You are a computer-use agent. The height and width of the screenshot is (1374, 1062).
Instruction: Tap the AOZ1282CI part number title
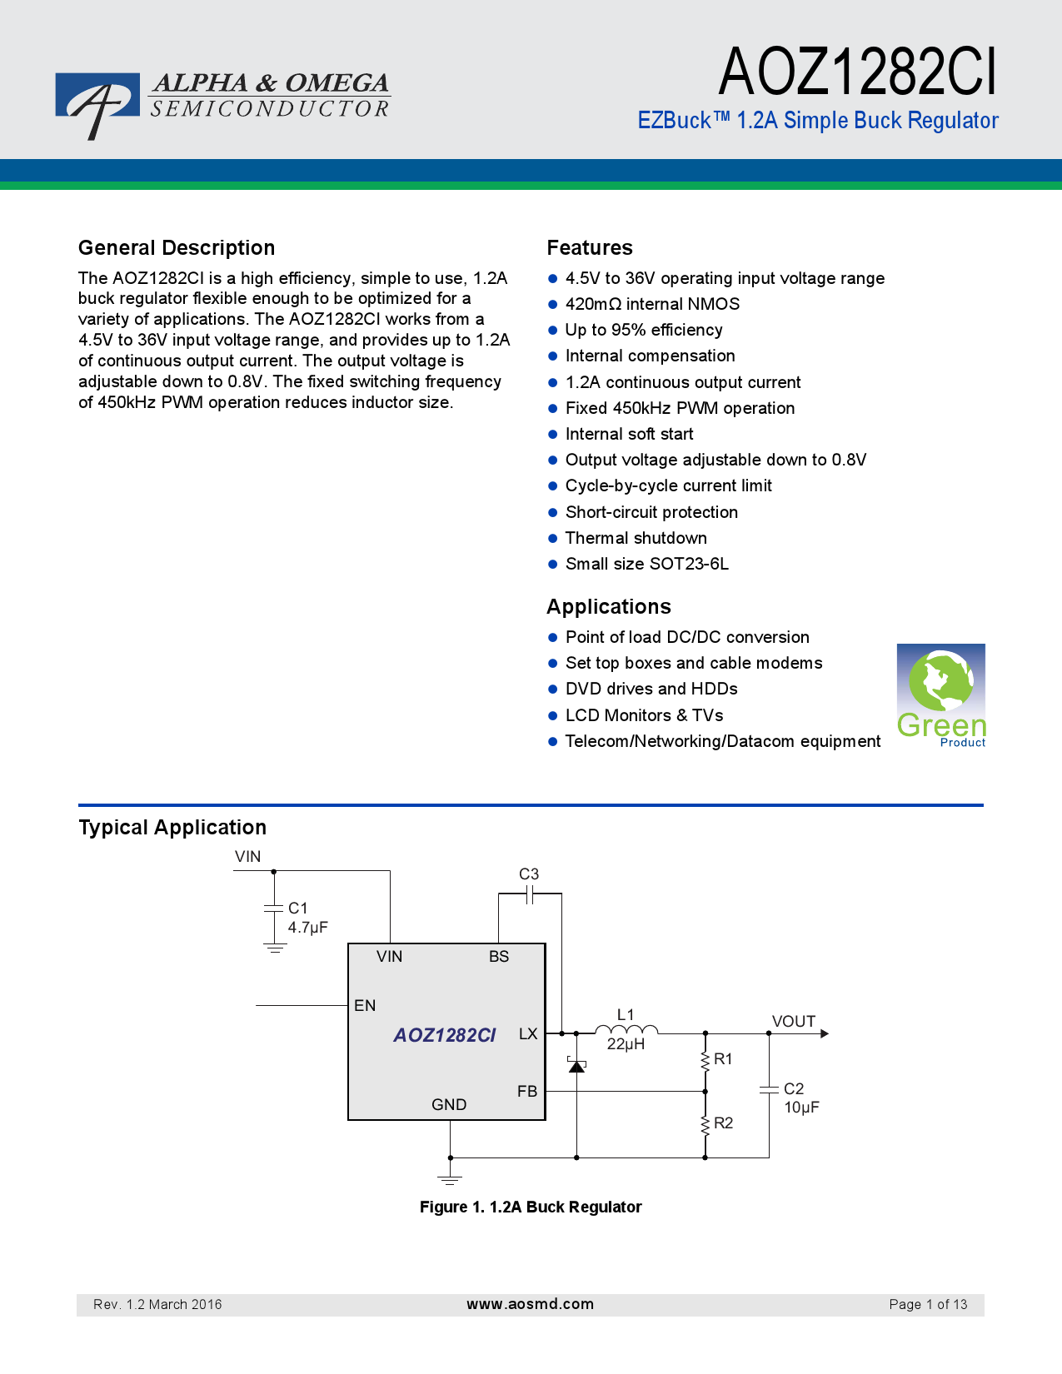coord(857,72)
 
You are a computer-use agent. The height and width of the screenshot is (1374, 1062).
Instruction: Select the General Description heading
coord(177,248)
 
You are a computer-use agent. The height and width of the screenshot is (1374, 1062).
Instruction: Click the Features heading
coord(590,248)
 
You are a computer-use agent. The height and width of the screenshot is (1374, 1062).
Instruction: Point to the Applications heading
coord(609,607)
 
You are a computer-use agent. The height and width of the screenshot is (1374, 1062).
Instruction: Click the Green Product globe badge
coord(940,695)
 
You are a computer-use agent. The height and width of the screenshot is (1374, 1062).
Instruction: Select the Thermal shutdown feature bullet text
coord(636,538)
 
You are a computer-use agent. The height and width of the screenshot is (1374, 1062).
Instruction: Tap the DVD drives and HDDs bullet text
coord(651,689)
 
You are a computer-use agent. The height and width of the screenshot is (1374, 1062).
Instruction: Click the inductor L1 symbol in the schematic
coord(626,1029)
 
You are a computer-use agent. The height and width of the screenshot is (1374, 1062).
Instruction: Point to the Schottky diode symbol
coord(576,1066)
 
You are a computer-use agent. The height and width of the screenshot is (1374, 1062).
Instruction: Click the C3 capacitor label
coord(529,874)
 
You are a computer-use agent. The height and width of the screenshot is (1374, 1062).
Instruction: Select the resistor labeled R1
coord(706,1062)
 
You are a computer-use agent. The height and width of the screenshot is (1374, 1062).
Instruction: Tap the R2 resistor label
coord(723,1123)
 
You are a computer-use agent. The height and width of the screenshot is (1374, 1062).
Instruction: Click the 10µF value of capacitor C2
coord(801,1108)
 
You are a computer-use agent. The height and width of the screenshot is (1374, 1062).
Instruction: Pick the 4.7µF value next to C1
coord(308,927)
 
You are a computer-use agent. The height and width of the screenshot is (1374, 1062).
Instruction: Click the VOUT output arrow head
coord(824,1033)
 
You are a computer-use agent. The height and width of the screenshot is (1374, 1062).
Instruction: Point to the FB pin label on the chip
coord(527,1092)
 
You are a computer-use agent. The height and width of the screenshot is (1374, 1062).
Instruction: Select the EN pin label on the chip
coord(365,1005)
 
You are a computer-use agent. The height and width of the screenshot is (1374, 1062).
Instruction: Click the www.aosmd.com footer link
coord(530,1304)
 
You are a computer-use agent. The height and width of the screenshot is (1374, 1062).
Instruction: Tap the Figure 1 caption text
coord(531,1207)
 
